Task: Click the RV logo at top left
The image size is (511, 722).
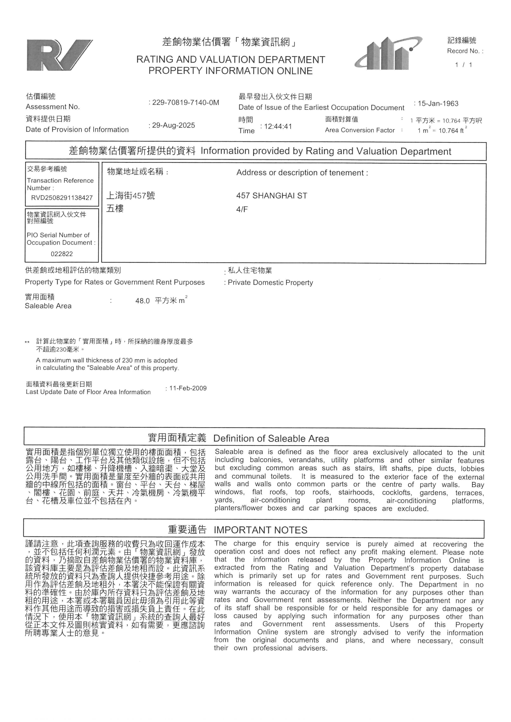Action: (59, 55)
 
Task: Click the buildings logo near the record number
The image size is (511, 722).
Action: (389, 54)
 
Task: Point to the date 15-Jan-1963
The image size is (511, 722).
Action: (438, 104)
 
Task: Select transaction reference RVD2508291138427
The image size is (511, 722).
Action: (62, 198)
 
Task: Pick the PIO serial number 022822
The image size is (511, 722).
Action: (62, 254)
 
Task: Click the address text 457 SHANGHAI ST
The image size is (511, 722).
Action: (272, 196)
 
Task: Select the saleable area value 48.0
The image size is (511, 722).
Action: (143, 301)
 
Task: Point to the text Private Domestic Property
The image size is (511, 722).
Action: (270, 282)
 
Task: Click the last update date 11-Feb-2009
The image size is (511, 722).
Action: (188, 388)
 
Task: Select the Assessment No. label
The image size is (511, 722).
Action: (53, 107)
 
